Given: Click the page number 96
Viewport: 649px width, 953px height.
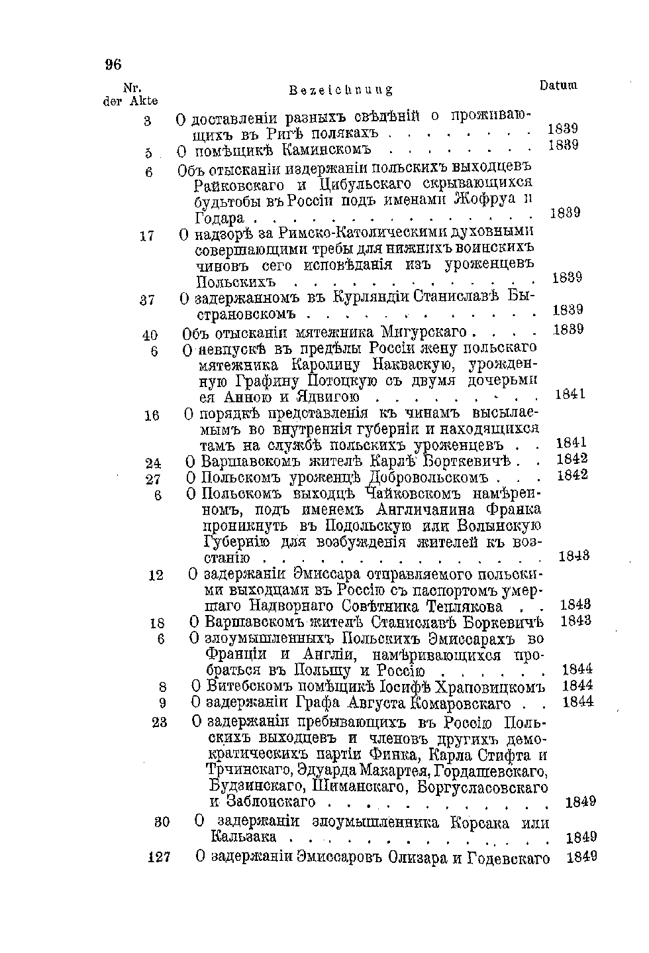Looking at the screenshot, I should click(x=113, y=64).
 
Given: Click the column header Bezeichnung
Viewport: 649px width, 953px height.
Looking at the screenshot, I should click(x=342, y=89).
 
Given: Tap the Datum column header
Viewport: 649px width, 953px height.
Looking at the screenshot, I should click(x=558, y=85).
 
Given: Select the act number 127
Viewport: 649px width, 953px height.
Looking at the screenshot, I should click(x=159, y=857).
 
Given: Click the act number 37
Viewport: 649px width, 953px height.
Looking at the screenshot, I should click(x=147, y=300).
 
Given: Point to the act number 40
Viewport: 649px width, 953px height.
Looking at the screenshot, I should click(x=149, y=335).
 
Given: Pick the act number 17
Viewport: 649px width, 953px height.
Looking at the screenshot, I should click(x=147, y=235).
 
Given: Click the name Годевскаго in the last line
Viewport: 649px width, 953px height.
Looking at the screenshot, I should click(x=509, y=858).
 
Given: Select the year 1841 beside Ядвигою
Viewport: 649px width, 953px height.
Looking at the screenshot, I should click(x=570, y=395).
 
